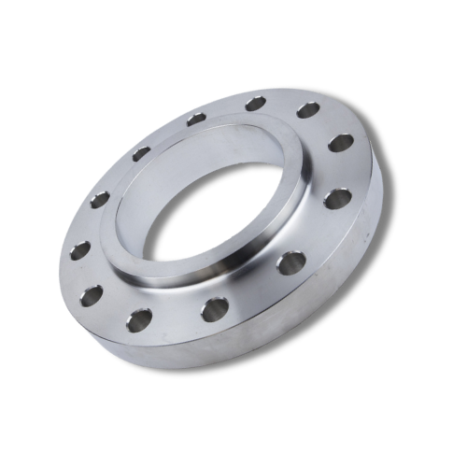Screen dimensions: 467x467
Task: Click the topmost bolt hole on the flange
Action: [255, 103]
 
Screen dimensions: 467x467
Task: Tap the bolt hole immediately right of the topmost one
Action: [308, 110]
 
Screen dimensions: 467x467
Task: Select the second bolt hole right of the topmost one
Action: [341, 142]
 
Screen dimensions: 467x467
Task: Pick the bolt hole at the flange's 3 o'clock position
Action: [337, 198]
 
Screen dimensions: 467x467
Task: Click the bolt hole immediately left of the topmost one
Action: [195, 119]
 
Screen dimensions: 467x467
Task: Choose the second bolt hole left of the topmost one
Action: [141, 153]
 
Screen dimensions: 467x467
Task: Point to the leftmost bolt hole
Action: [80, 249]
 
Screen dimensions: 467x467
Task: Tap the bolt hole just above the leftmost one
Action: [100, 198]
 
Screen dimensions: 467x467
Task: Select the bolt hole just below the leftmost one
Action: [91, 297]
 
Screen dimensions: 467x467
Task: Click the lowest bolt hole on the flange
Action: [140, 320]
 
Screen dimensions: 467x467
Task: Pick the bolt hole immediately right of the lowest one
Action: [215, 307]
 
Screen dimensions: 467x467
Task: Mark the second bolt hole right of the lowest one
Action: [290, 262]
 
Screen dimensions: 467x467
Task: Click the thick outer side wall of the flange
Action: [280, 327]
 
